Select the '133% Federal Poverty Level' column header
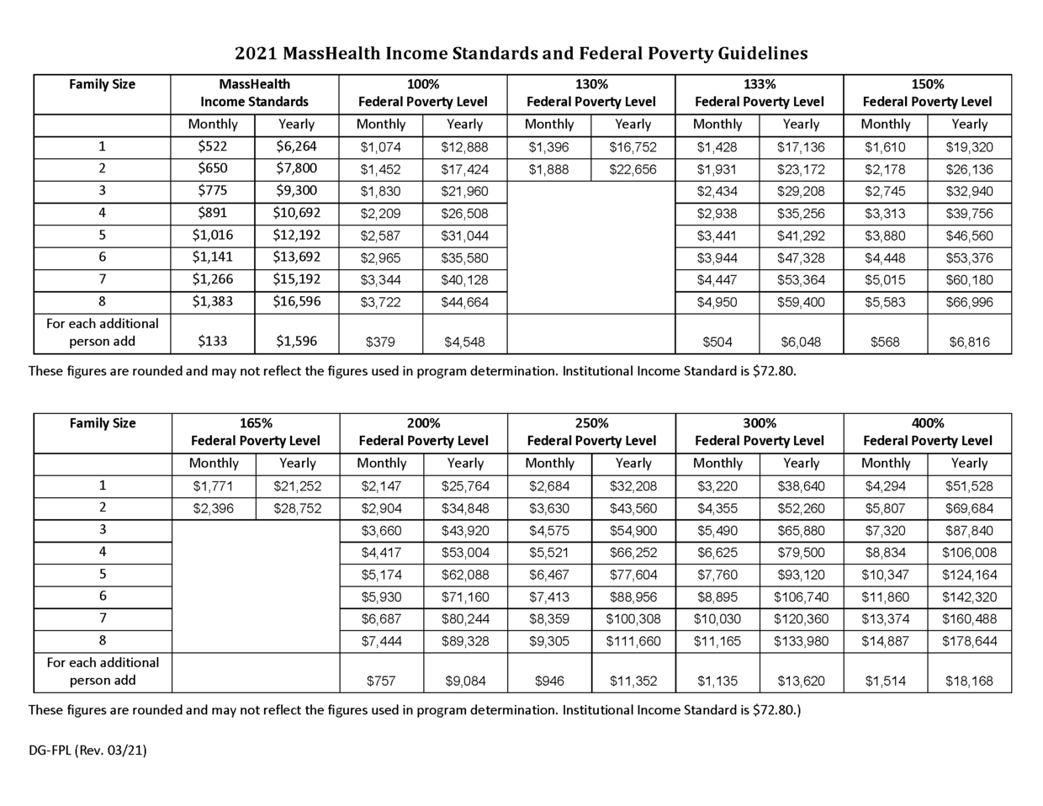[x=759, y=93]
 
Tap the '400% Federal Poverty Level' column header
[x=927, y=432]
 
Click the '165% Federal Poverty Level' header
[x=256, y=432]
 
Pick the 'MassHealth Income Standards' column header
[x=254, y=93]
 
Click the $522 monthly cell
[x=212, y=146]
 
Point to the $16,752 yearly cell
[x=633, y=147]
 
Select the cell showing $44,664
[x=464, y=302]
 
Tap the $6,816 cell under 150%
[x=969, y=342]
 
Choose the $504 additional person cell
[x=717, y=342]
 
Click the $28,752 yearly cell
[x=297, y=508]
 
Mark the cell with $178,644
[x=969, y=641]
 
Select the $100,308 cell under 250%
[x=633, y=619]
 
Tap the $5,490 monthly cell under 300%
[x=717, y=531]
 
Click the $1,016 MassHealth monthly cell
[x=212, y=236]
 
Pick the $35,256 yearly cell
[x=801, y=214]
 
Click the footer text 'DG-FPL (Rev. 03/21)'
[x=87, y=750]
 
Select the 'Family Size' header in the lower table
[x=102, y=423]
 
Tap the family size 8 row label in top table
[x=102, y=301]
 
